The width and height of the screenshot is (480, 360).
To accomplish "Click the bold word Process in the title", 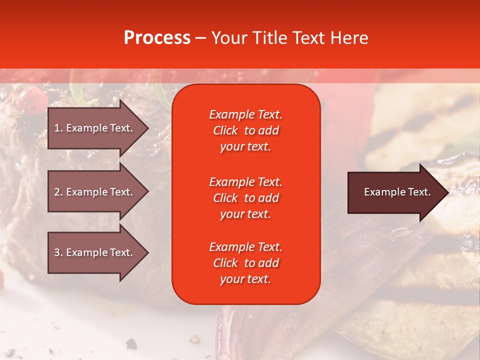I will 157,38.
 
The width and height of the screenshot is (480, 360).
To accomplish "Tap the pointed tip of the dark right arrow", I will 447,192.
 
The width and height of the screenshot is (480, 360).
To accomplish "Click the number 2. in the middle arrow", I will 58,192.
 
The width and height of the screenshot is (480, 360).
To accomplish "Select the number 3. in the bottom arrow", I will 58,252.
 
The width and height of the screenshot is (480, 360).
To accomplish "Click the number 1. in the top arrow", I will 58,128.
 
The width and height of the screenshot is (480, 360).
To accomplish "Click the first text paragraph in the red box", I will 245,130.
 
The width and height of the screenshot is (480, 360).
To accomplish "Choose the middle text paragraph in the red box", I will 245,198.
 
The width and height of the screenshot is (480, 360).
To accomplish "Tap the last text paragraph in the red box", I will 245,263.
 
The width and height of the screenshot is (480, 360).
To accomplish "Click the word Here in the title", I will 349,38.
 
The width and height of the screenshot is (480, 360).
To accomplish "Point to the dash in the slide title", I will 200,38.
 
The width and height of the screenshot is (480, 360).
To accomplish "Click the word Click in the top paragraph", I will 225,130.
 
